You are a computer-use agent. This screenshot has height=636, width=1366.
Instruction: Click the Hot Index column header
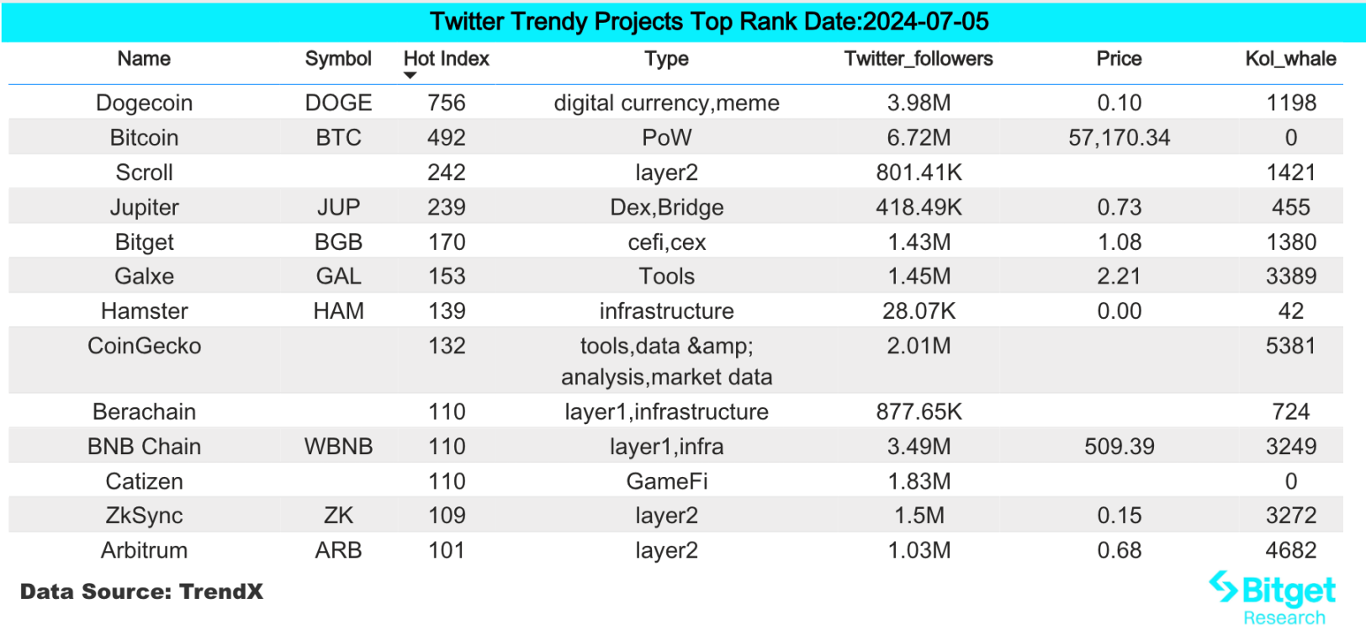[446, 59]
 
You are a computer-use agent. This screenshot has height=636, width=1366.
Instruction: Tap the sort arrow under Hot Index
[410, 76]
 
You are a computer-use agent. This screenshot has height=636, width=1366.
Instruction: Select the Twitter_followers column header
[919, 59]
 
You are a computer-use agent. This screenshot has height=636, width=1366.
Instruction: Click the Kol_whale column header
[1290, 59]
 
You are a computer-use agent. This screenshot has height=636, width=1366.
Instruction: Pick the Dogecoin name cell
[144, 103]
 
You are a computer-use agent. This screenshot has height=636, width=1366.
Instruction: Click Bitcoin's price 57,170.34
[1119, 138]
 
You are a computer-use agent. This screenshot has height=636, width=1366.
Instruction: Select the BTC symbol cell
[338, 138]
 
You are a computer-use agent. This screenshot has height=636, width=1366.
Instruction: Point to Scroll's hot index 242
[446, 172]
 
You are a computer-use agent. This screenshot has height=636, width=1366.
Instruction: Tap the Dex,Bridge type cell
[666, 208]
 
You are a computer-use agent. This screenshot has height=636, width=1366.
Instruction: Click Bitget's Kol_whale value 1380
[1290, 242]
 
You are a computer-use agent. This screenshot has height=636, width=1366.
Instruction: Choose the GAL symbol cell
[338, 277]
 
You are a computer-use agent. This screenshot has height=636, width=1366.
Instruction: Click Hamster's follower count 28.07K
[919, 311]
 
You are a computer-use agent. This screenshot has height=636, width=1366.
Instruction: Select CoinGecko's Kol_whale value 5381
[1290, 346]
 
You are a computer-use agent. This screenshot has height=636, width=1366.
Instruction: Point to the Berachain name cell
[144, 412]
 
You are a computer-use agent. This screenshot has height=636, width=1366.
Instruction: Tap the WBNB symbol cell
[338, 447]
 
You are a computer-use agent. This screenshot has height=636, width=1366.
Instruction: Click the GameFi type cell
[666, 481]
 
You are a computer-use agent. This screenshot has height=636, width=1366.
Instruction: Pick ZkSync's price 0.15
[1119, 516]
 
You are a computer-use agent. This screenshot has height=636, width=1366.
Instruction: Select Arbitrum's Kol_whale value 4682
[1290, 551]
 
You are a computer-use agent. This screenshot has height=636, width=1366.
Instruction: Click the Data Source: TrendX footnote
[141, 591]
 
